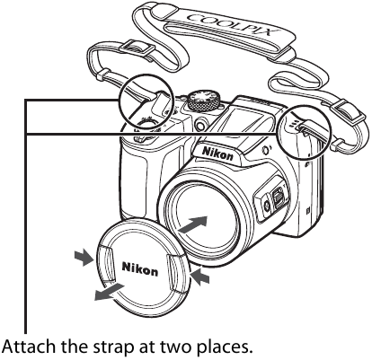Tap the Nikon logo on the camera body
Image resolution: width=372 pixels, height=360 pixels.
tap(217, 154)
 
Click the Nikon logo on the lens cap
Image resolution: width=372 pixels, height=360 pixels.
tap(140, 268)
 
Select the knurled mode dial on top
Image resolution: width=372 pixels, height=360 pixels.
tap(203, 101)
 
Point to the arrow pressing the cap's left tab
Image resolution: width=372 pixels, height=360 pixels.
tap(84, 257)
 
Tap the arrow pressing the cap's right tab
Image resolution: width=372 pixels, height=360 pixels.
tap(200, 276)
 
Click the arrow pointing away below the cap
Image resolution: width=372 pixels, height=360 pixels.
tap(109, 292)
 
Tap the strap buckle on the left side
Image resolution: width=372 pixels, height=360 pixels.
tap(137, 48)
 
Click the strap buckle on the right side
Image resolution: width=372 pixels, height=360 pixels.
tap(348, 114)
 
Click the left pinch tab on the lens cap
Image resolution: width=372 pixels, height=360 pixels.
tap(106, 262)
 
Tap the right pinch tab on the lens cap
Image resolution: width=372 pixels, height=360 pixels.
tap(176, 273)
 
